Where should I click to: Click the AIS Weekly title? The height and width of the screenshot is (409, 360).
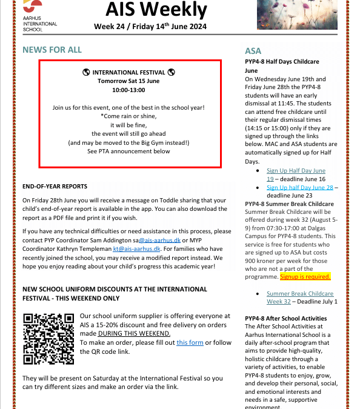click(x=156, y=9)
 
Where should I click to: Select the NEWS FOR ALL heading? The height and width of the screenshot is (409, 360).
click(x=52, y=50)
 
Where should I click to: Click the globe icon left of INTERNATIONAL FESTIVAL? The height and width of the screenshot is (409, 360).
click(x=86, y=72)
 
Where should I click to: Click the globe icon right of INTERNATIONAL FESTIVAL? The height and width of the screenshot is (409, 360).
click(x=171, y=72)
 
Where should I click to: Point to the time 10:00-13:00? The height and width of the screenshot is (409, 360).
click(x=128, y=90)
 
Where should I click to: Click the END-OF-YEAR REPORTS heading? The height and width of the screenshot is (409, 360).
click(x=55, y=186)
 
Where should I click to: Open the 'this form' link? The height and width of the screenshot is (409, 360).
click(x=190, y=343)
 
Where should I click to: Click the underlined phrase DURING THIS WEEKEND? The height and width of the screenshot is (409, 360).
click(x=134, y=334)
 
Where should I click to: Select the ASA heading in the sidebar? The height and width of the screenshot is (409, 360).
click(x=253, y=52)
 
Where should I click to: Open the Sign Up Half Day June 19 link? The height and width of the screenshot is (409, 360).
click(x=295, y=175)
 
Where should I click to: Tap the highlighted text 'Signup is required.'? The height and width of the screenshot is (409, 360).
click(x=305, y=277)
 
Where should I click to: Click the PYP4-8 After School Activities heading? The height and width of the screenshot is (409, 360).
click(x=286, y=319)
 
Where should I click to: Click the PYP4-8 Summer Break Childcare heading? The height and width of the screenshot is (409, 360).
click(x=290, y=204)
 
